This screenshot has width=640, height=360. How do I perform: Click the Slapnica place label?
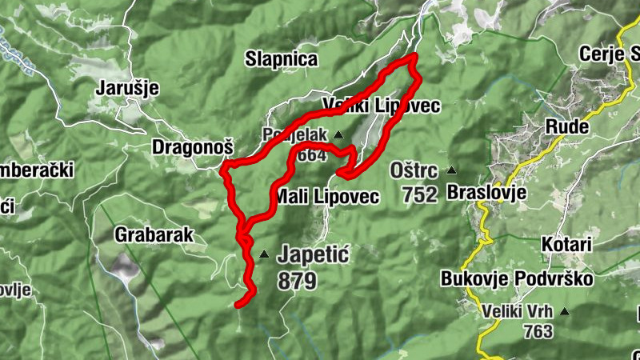coord(282,59)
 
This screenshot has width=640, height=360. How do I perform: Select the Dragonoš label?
coord(193,147)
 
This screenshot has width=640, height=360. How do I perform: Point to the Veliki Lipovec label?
coord(382,106)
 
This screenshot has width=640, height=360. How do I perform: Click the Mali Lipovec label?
coord(326,197)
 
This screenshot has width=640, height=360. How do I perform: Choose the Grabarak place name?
coord(153,235)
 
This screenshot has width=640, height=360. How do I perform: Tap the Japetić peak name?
coord(314,255)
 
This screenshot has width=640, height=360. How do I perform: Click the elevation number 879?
coord(297,281)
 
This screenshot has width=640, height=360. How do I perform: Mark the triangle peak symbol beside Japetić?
coord(264,255)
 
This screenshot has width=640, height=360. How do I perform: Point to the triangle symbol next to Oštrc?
coord(452,170)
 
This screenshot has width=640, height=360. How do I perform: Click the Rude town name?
coord(567,126)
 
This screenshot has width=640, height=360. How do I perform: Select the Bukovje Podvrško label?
coord(517,278)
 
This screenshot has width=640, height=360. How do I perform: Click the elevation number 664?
coord(311,155)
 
